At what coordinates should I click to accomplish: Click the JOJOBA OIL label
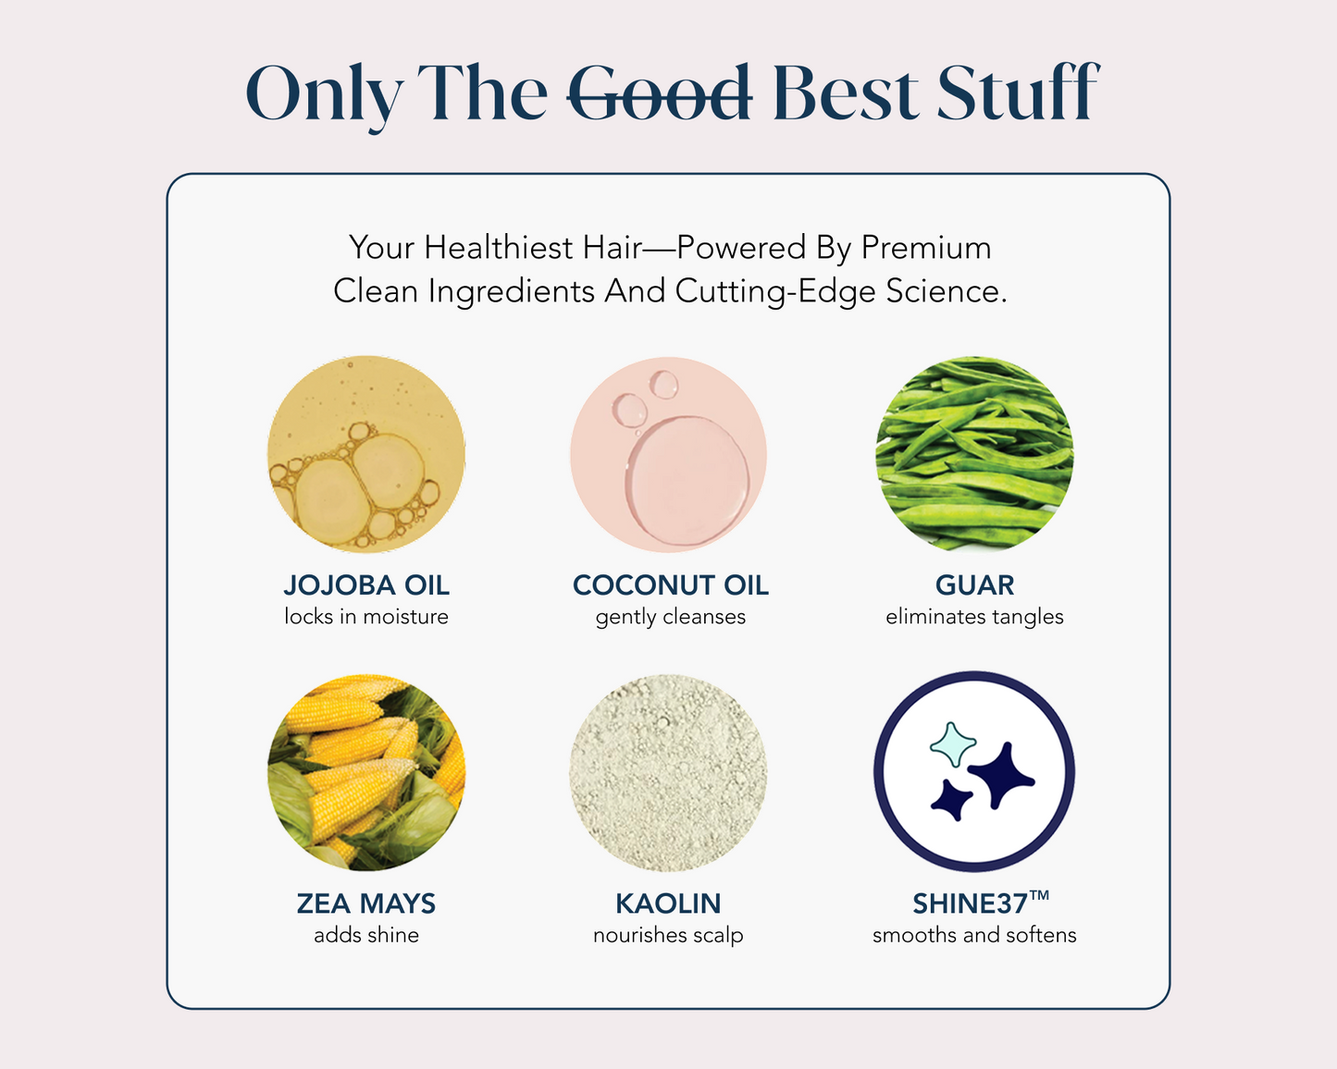(366, 585)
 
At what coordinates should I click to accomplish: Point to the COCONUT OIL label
(671, 585)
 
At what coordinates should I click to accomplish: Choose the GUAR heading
(975, 585)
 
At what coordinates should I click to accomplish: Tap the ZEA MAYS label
(366, 903)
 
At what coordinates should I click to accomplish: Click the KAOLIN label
(668, 903)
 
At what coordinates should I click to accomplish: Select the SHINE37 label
(981, 903)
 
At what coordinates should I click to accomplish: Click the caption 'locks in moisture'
(366, 617)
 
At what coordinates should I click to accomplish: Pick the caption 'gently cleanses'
(671, 618)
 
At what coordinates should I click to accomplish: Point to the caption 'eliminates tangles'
(975, 618)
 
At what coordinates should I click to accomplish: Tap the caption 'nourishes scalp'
(668, 936)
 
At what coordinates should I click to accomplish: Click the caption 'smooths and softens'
(975, 935)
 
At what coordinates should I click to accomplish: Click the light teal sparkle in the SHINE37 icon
(952, 744)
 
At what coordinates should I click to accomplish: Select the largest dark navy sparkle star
(1001, 776)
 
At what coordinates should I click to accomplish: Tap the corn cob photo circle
(366, 772)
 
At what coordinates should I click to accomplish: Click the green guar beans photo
(975, 454)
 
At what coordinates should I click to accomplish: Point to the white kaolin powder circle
(668, 772)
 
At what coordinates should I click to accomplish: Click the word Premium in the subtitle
(925, 247)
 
